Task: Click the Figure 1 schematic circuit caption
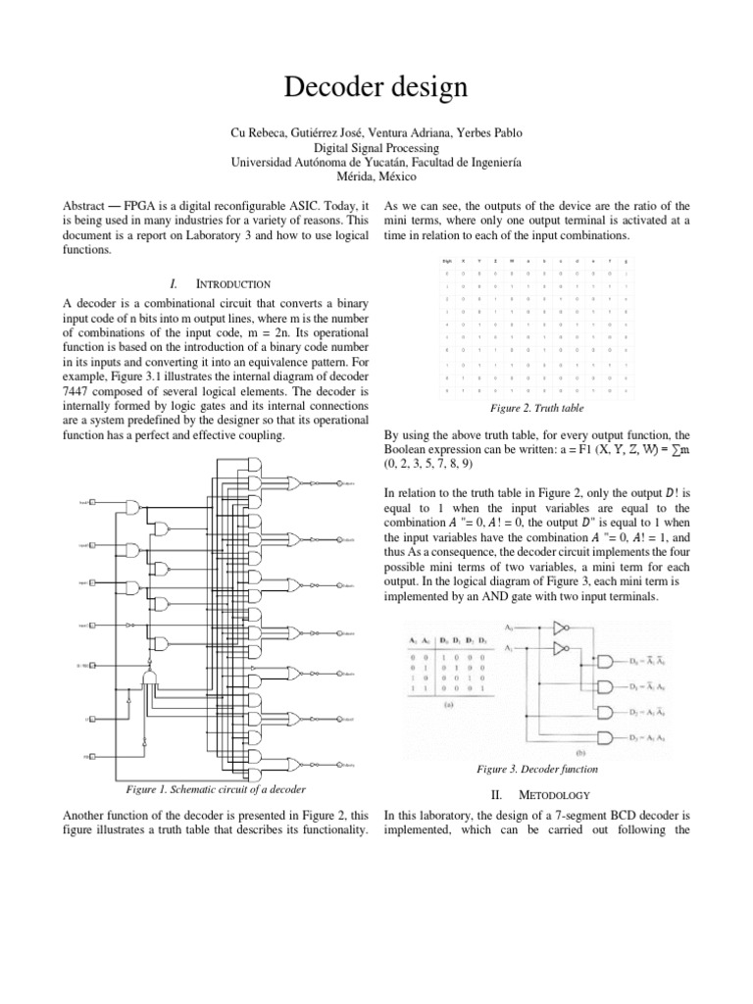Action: [215, 789]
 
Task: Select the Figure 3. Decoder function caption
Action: [535, 770]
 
